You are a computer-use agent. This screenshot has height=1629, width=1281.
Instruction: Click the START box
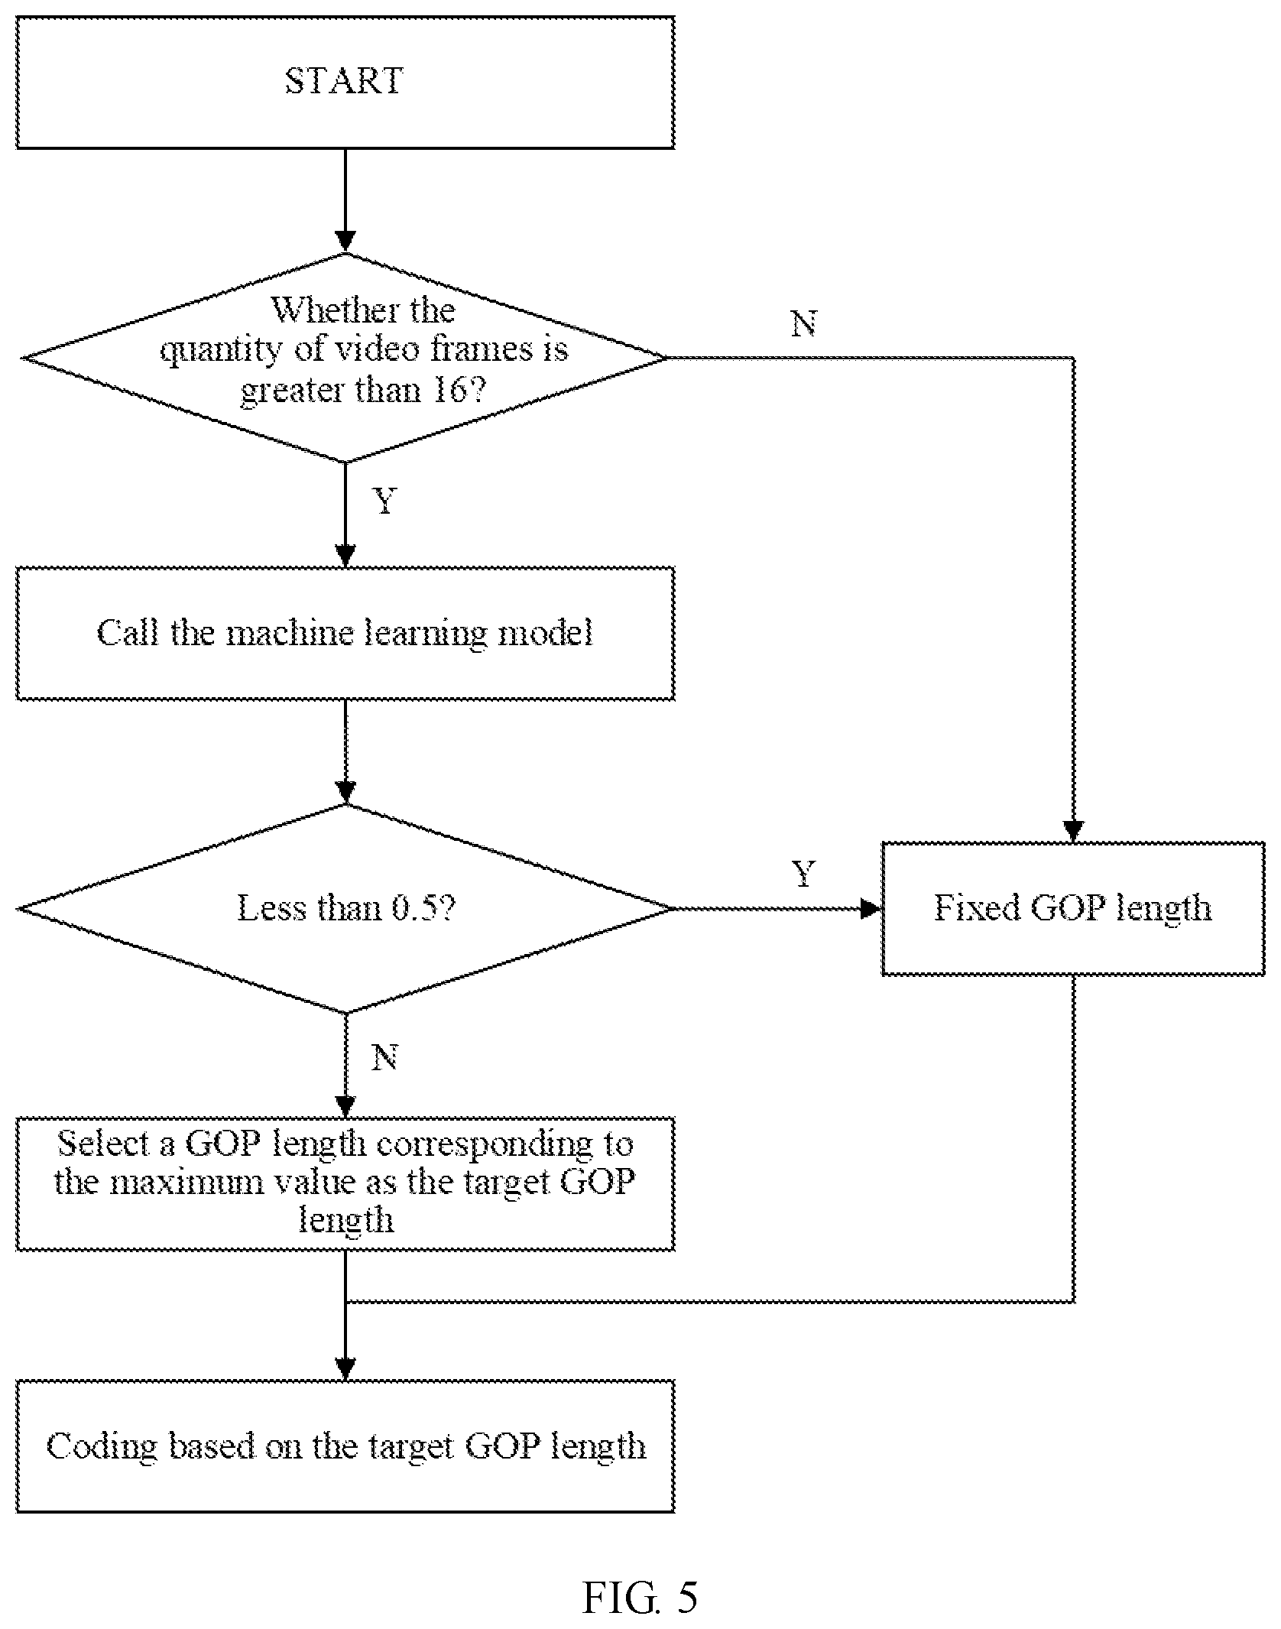click(345, 83)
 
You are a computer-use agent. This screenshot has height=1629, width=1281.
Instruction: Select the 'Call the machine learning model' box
click(345, 633)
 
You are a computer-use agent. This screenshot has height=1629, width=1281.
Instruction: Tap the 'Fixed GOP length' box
click(1073, 908)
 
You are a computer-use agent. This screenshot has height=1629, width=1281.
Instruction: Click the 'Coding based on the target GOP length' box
click(345, 1446)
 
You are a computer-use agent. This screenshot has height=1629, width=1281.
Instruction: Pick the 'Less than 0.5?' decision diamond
click(345, 908)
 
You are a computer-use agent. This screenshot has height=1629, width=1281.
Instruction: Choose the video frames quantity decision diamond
click(345, 358)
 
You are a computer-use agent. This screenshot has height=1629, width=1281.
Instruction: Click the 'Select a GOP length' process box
click(345, 1183)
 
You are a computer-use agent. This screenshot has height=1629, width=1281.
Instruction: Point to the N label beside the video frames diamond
click(804, 324)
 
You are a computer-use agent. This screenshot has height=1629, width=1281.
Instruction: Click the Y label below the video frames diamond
click(385, 501)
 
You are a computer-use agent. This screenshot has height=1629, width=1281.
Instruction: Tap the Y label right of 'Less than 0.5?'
click(804, 873)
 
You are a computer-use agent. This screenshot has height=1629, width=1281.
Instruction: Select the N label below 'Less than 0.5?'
click(384, 1057)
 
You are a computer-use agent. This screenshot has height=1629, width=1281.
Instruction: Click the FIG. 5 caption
click(640, 1598)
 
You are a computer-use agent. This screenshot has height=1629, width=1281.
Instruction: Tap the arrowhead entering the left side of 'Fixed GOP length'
click(872, 908)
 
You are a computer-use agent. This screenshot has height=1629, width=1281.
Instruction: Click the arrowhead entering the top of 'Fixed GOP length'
click(1073, 832)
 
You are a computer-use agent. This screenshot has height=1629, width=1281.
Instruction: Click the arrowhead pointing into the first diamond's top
click(345, 242)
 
